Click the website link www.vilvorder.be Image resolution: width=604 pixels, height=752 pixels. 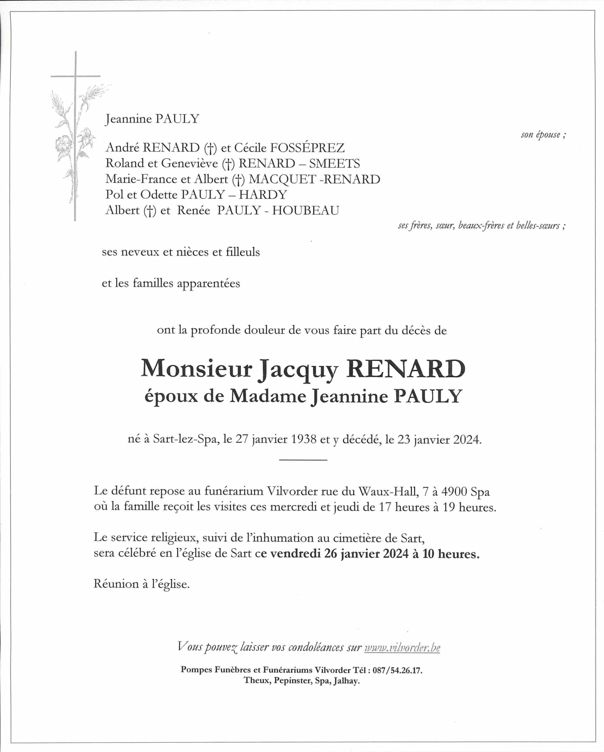(402, 648)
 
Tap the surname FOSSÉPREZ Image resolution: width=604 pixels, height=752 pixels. (307, 148)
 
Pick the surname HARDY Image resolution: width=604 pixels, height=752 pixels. (263, 195)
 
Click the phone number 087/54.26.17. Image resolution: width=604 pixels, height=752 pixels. (397, 670)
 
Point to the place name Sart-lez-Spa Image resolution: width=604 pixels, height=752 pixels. (186, 439)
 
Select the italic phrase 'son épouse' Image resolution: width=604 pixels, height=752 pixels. (541, 135)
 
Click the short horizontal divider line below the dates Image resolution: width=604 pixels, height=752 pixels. (303, 460)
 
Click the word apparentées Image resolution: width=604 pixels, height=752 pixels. (208, 283)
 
